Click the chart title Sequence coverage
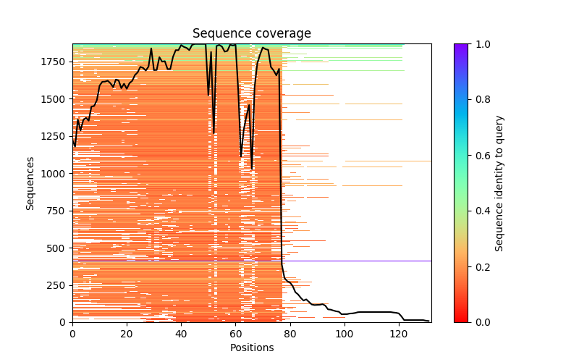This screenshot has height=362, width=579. (x=251, y=33)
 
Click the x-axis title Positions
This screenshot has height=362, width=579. (x=251, y=348)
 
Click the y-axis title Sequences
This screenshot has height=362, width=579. (x=30, y=182)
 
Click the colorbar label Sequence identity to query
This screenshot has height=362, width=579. (x=499, y=182)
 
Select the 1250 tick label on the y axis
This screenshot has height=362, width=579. (x=55, y=136)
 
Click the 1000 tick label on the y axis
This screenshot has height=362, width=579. (x=55, y=174)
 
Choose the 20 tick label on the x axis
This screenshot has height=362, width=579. (x=127, y=333)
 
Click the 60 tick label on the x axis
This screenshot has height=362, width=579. (x=235, y=333)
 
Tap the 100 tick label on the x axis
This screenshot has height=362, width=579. (x=344, y=333)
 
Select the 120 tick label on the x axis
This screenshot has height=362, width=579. (x=398, y=333)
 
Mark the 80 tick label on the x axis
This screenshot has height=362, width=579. (x=289, y=333)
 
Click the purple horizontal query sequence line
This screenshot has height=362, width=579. (x=362, y=261)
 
